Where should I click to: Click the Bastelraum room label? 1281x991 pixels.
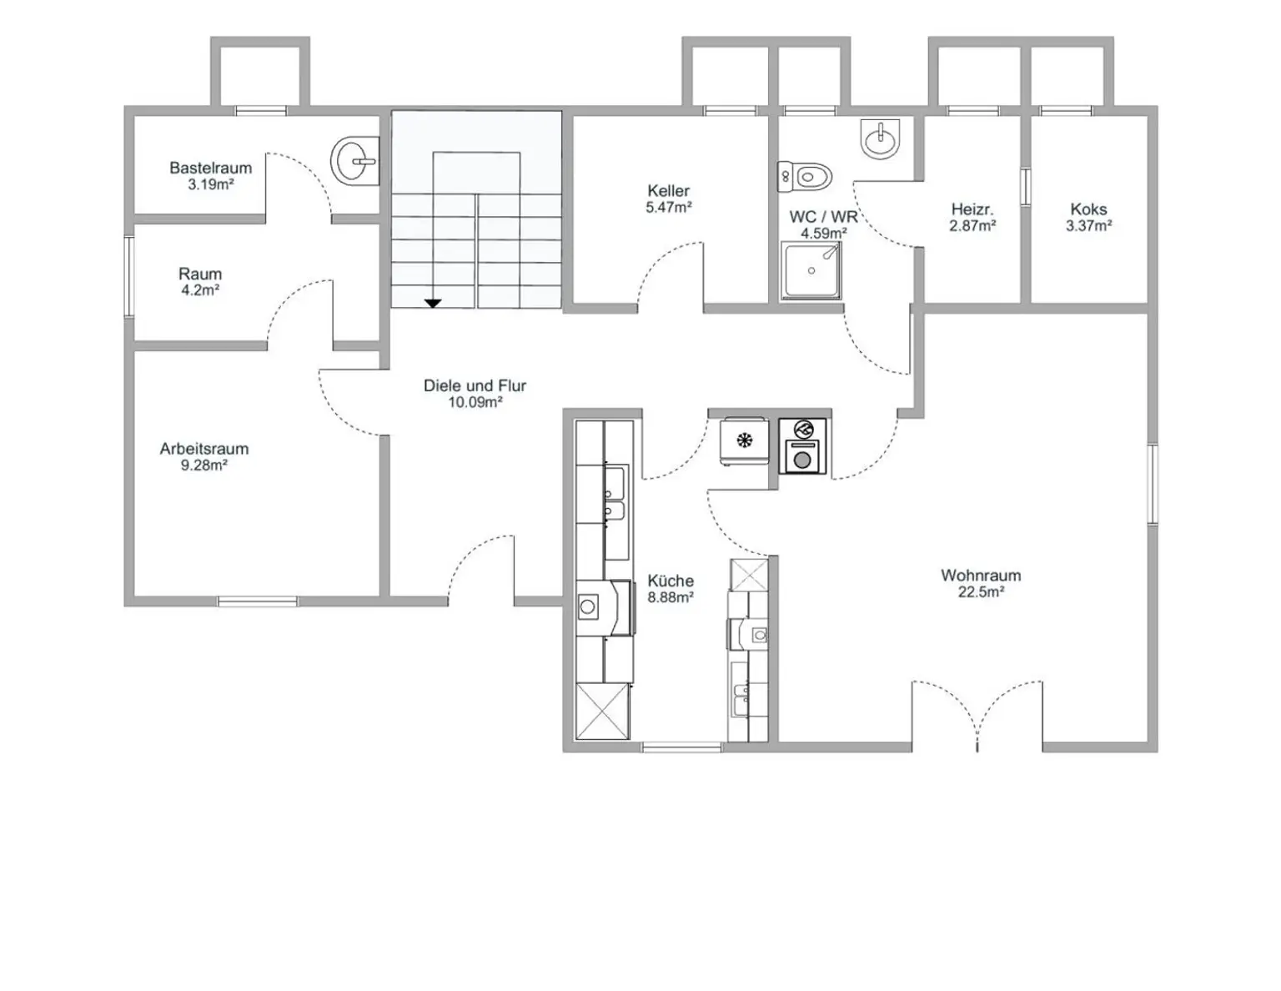tap(210, 168)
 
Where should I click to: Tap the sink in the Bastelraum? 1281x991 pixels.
tap(354, 161)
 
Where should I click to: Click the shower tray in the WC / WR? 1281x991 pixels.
tap(811, 270)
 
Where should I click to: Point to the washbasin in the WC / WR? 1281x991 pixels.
tap(880, 139)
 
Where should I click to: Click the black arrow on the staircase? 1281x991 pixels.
tap(434, 303)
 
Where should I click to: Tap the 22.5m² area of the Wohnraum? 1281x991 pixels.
tap(981, 592)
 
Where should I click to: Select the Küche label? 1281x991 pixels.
tap(671, 581)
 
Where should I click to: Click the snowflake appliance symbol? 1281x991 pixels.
tap(745, 440)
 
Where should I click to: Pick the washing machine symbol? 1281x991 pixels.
tap(802, 445)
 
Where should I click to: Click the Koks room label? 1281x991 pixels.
tap(1089, 209)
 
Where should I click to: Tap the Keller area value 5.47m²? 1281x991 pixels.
tap(669, 208)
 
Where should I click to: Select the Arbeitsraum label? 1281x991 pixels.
tap(204, 449)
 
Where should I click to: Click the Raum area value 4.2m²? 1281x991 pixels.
tap(200, 290)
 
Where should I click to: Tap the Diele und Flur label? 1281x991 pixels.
tap(475, 386)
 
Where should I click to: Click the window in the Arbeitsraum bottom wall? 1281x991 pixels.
tap(258, 601)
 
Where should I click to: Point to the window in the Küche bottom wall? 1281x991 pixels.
tap(681, 747)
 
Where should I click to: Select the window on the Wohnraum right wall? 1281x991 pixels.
tap(1153, 484)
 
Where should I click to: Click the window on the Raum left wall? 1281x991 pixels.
tap(129, 276)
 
